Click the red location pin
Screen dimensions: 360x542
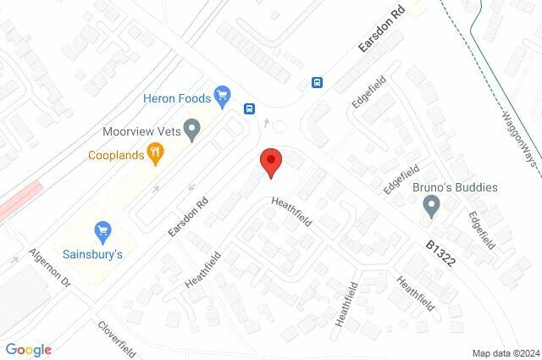pyautogui.click(x=270, y=161)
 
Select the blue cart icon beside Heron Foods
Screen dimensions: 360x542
pyautogui.click(x=223, y=95)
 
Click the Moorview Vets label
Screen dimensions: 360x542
pyautogui.click(x=141, y=131)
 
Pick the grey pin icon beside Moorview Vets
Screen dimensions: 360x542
pyautogui.click(x=192, y=130)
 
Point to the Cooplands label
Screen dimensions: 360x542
pyautogui.click(x=116, y=155)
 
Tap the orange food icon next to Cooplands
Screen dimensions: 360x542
pyautogui.click(x=155, y=153)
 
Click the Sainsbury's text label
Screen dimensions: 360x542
pyautogui.click(x=93, y=252)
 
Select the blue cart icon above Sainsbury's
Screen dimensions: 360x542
pyautogui.click(x=102, y=230)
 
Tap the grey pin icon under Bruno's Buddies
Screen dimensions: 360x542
pyautogui.click(x=432, y=204)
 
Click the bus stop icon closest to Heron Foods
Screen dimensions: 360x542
pyautogui.click(x=250, y=108)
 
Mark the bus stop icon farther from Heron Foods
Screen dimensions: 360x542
pyautogui.click(x=317, y=82)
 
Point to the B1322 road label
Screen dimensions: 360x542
pyautogui.click(x=440, y=252)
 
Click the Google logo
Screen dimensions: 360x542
pyautogui.click(x=29, y=350)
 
